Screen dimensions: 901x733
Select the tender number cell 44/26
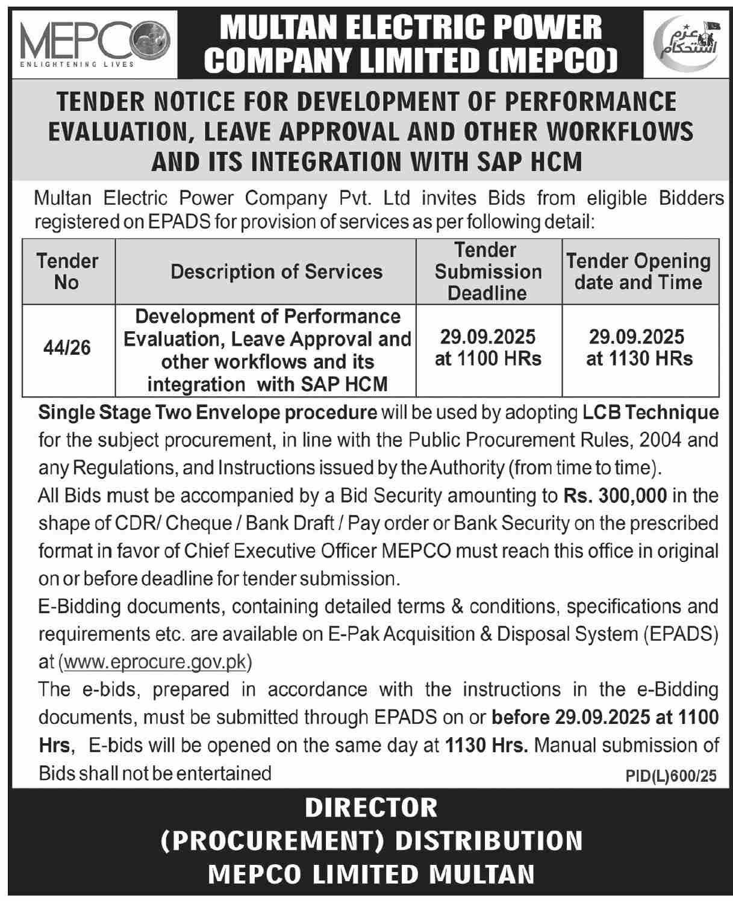67,348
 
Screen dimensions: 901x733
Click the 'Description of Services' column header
276,272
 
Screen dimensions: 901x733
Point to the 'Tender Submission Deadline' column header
488,272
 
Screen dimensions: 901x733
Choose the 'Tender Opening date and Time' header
639,272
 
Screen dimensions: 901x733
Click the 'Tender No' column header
67,272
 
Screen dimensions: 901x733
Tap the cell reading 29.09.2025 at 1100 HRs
488,348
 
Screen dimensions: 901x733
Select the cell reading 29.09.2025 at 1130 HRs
639,348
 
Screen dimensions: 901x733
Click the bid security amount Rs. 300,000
615,496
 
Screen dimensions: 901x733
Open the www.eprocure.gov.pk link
155,661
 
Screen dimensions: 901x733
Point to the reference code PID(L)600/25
671,776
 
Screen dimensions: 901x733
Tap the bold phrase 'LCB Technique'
650,413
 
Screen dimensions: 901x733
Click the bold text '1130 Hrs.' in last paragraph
487,745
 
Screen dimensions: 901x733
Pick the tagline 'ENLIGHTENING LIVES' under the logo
77,64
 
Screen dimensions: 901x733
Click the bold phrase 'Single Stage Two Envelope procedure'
208,413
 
